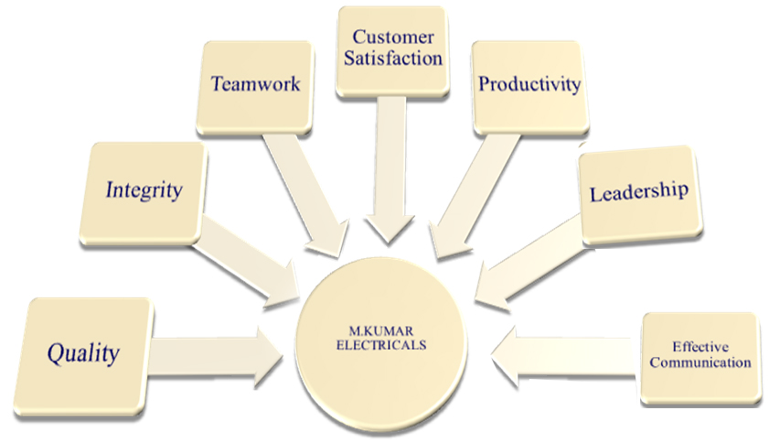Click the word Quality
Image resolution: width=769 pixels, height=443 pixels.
pyautogui.click(x=83, y=352)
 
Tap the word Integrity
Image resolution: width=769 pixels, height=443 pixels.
pyautogui.click(x=144, y=190)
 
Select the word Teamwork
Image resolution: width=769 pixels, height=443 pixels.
pyautogui.click(x=255, y=84)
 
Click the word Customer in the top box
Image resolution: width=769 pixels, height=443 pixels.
pyautogui.click(x=392, y=38)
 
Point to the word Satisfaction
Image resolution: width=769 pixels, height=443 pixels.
pyautogui.click(x=392, y=59)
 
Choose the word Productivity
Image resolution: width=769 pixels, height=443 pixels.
pyautogui.click(x=529, y=84)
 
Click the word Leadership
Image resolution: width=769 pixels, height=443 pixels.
pyautogui.click(x=638, y=192)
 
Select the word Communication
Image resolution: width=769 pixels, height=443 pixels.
pyautogui.click(x=699, y=362)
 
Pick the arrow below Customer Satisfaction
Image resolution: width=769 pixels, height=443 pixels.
pyautogui.click(x=390, y=169)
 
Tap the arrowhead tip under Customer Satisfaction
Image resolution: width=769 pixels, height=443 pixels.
pyautogui.click(x=390, y=242)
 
